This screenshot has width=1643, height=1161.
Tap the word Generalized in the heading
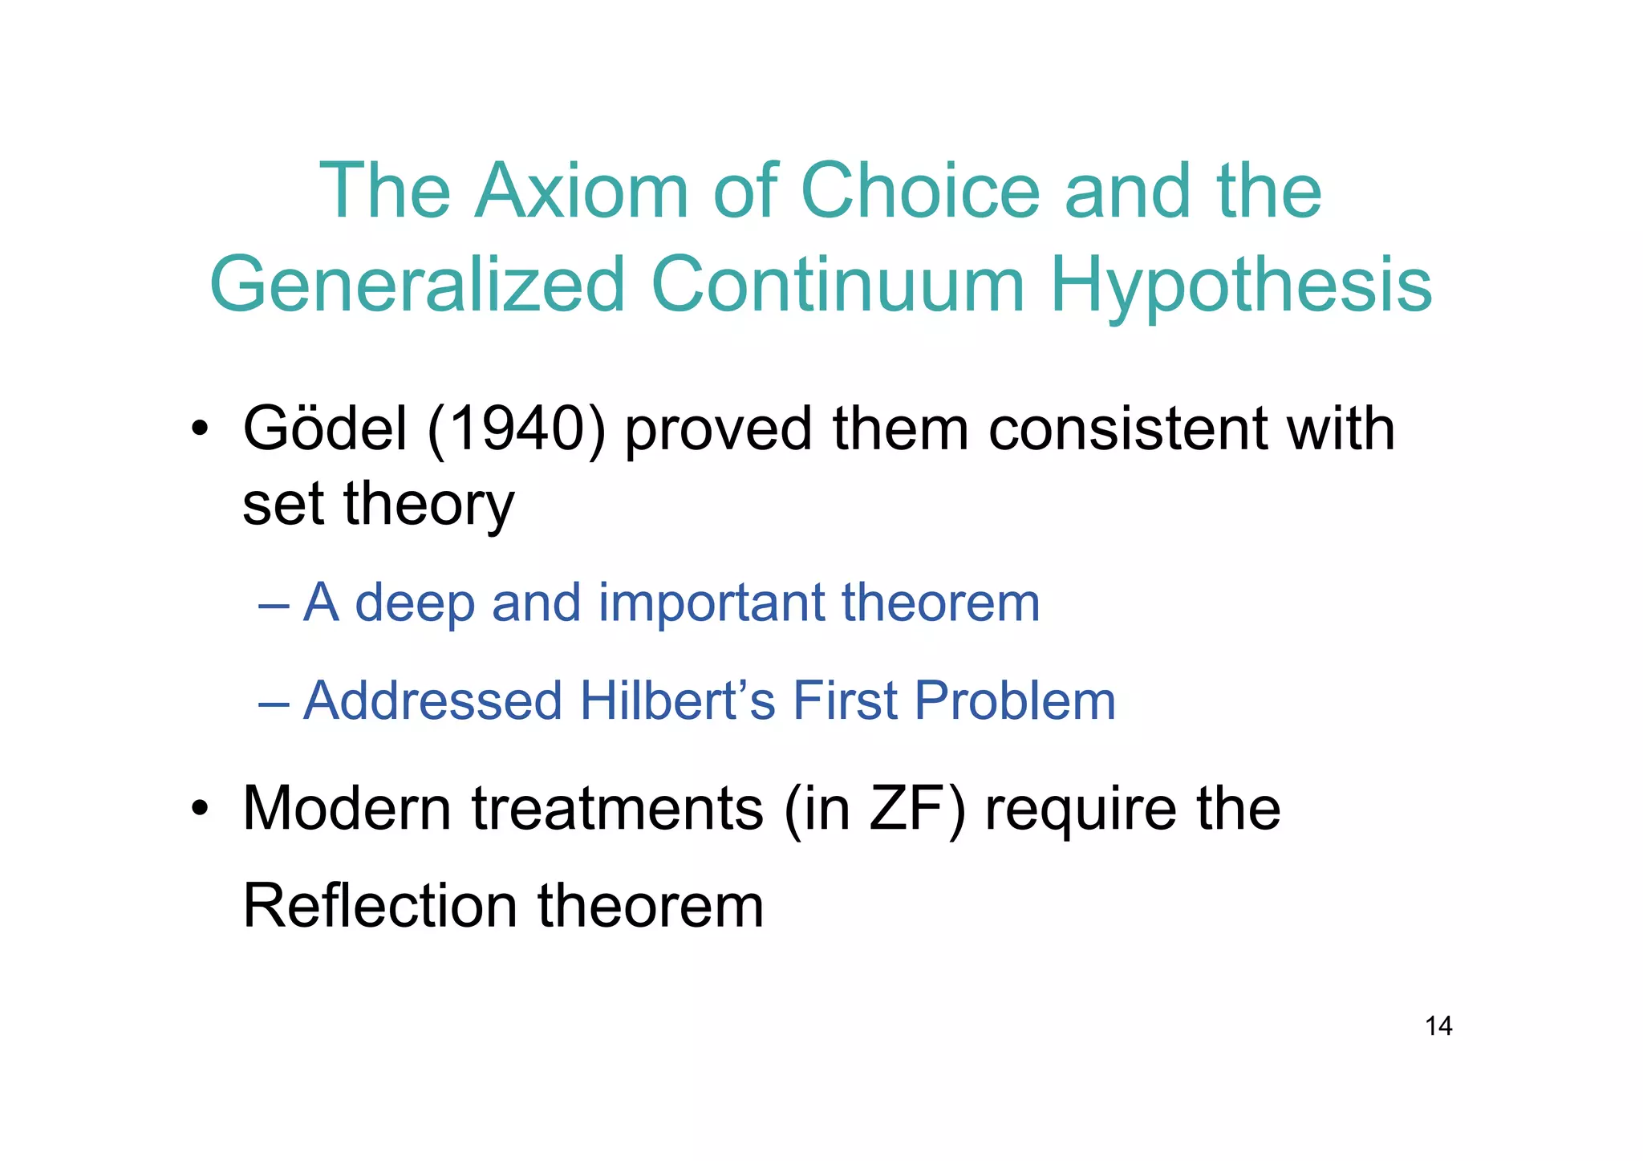(417, 285)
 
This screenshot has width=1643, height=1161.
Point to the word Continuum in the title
(838, 285)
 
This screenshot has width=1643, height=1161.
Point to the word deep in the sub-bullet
(414, 603)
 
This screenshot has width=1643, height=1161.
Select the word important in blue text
(711, 603)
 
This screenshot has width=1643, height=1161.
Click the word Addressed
(433, 700)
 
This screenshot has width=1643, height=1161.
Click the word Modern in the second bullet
(347, 808)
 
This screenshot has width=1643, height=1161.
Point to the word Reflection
(379, 906)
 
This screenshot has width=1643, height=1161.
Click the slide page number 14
(1438, 1025)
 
